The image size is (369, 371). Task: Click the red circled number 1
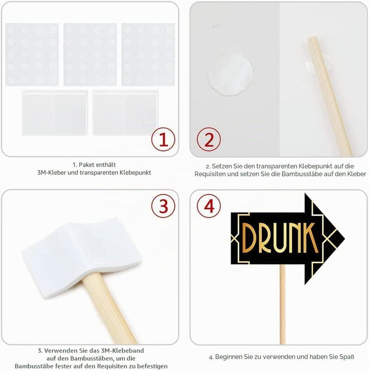[x=163, y=140]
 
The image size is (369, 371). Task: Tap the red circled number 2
[x=209, y=140]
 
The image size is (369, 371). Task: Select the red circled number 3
[x=163, y=206]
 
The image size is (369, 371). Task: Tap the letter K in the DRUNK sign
[x=309, y=238]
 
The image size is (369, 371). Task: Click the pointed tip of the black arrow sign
[x=344, y=238]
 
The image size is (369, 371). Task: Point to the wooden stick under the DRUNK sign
[x=282, y=304]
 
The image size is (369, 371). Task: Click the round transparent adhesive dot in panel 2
[x=231, y=74]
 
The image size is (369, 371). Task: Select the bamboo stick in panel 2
[x=330, y=96]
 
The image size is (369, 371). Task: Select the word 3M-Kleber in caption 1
[x=52, y=172]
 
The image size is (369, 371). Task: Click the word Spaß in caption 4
[x=346, y=357]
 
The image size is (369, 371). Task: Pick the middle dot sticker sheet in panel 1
[x=90, y=54]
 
